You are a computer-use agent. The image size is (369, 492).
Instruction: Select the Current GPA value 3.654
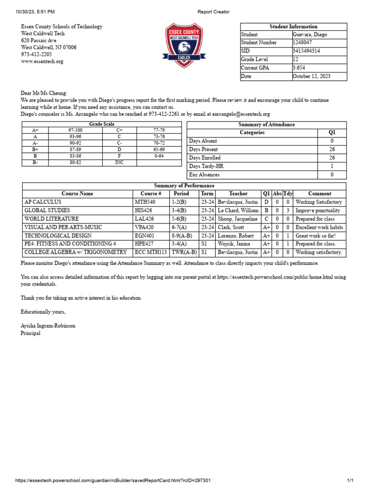point(299,68)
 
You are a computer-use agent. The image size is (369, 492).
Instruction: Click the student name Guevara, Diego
point(311,35)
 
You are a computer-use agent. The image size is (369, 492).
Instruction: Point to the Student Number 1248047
point(305,43)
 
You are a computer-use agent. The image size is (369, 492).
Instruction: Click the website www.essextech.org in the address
point(42,61)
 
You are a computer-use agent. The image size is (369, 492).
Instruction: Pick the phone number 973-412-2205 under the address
point(37,54)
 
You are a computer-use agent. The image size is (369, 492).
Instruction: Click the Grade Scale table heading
point(102,124)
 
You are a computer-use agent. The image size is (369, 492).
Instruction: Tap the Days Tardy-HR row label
point(206,166)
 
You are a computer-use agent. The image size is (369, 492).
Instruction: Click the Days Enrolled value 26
point(332,158)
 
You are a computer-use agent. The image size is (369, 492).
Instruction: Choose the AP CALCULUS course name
point(43,202)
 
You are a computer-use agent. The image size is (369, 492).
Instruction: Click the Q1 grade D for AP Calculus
point(266,202)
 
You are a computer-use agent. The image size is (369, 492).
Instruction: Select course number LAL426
point(145,219)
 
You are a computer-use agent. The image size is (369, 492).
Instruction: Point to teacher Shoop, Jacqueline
point(237,219)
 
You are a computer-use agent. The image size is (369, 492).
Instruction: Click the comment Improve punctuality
point(318,210)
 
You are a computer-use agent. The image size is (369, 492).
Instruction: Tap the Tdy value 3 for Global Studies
point(287,210)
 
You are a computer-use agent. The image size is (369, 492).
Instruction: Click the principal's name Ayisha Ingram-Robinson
point(48,326)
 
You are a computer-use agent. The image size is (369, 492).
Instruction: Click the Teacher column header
point(238,194)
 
